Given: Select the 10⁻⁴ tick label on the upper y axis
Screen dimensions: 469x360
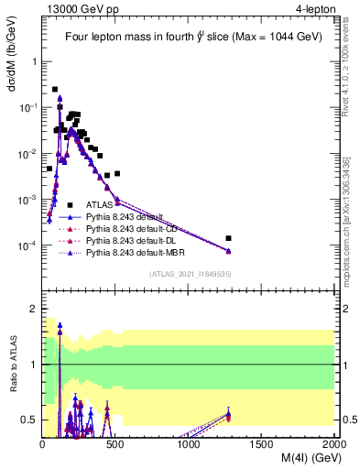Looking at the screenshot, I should pyautogui.click(x=27, y=245).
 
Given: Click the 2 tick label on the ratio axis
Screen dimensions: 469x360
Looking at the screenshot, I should pyautogui.click(x=33, y=310).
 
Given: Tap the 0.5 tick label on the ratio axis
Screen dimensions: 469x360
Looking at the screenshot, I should pyautogui.click(x=29, y=420).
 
